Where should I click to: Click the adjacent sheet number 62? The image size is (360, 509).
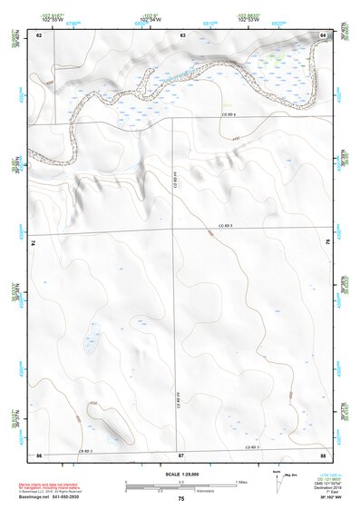pos(39,34)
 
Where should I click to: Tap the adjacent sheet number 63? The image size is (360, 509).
pos(182,34)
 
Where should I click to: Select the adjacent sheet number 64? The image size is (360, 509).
pos(324,34)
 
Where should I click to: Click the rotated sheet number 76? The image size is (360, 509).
pos(326,243)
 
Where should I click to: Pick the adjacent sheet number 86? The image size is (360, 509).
pos(39,453)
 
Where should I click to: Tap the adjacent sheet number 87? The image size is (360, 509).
pos(181,453)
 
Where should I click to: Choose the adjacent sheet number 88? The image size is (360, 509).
pos(323,453)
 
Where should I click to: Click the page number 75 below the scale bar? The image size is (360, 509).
pos(181,499)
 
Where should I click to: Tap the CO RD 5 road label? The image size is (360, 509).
pos(226,225)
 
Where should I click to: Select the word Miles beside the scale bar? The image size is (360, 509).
pos(240,482)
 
